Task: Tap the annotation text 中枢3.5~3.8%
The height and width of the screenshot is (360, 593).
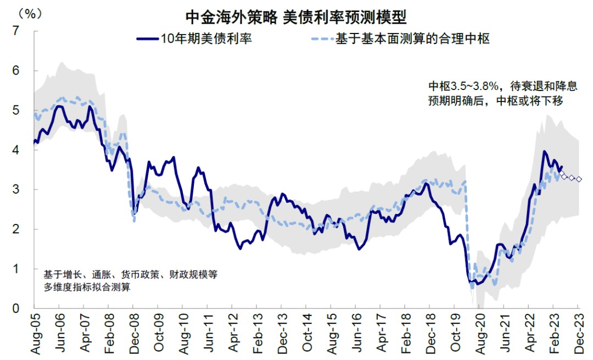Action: tap(463, 87)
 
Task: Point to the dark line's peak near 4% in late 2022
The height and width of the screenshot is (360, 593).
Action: tap(544, 151)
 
